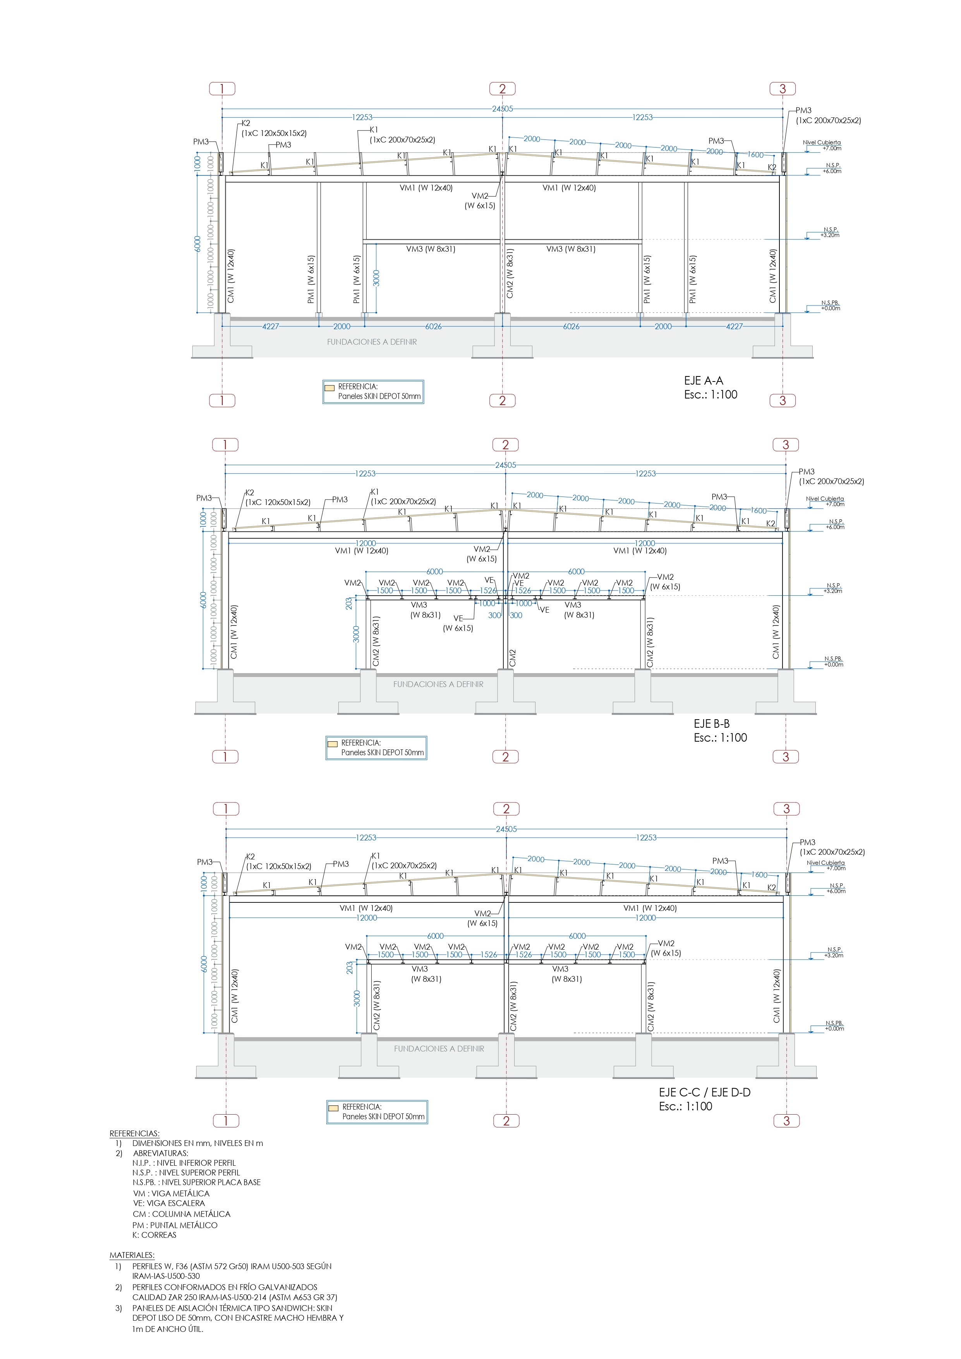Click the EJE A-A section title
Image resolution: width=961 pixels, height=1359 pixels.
[703, 381]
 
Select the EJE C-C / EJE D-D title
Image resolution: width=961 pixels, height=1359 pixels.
[704, 1093]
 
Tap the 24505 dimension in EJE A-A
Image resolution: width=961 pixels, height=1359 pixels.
[503, 109]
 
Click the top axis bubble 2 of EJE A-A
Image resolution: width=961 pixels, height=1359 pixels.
[503, 89]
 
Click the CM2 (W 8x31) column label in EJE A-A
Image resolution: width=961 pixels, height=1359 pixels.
[510, 273]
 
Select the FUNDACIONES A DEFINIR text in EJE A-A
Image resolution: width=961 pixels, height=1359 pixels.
[372, 342]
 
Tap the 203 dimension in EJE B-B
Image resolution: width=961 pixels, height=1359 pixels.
[349, 603]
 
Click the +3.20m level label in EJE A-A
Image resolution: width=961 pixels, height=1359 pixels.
[830, 235]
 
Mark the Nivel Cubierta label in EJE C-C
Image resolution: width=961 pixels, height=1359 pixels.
[825, 863]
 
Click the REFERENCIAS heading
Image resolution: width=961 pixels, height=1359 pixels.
[134, 1134]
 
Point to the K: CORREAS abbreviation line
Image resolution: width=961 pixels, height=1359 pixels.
[154, 1235]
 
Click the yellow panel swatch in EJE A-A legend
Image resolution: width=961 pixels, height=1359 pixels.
[329, 388]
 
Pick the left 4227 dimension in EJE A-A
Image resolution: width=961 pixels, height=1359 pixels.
[270, 326]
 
